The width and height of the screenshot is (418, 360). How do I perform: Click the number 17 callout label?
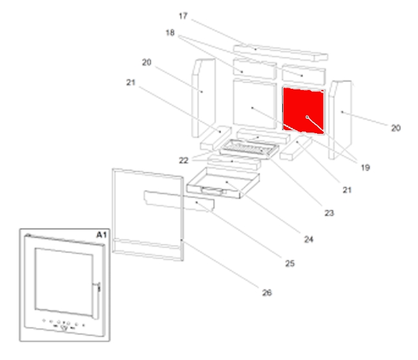(184, 16)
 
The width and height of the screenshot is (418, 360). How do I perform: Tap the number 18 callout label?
(170, 34)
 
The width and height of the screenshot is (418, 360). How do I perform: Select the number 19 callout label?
(365, 168)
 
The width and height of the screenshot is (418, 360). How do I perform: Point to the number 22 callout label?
(184, 160)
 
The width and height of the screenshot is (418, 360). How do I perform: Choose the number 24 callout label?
(308, 239)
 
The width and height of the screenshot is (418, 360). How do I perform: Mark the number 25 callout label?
(290, 263)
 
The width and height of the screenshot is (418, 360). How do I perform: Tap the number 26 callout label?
(267, 293)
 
